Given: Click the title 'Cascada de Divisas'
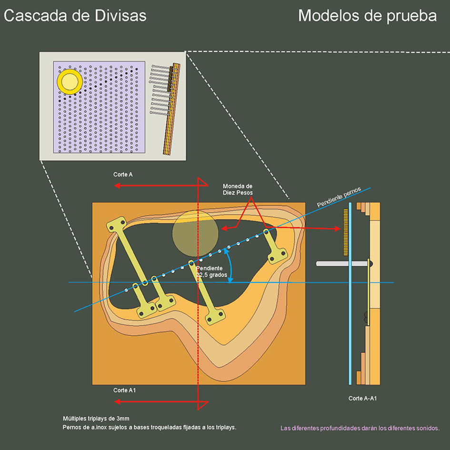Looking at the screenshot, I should click(x=75, y=16).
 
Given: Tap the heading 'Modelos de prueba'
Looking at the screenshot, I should click(x=367, y=16).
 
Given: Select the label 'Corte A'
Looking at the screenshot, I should click(x=123, y=174).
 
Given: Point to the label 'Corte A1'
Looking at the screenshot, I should click(x=125, y=390).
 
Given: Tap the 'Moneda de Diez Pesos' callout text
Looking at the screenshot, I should click(x=238, y=189).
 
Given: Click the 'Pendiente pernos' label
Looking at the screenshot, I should click(x=339, y=197).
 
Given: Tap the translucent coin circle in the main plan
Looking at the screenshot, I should click(x=195, y=230).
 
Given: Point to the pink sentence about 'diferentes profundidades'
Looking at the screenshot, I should click(x=360, y=428).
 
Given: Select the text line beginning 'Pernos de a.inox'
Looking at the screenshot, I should click(x=150, y=427).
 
